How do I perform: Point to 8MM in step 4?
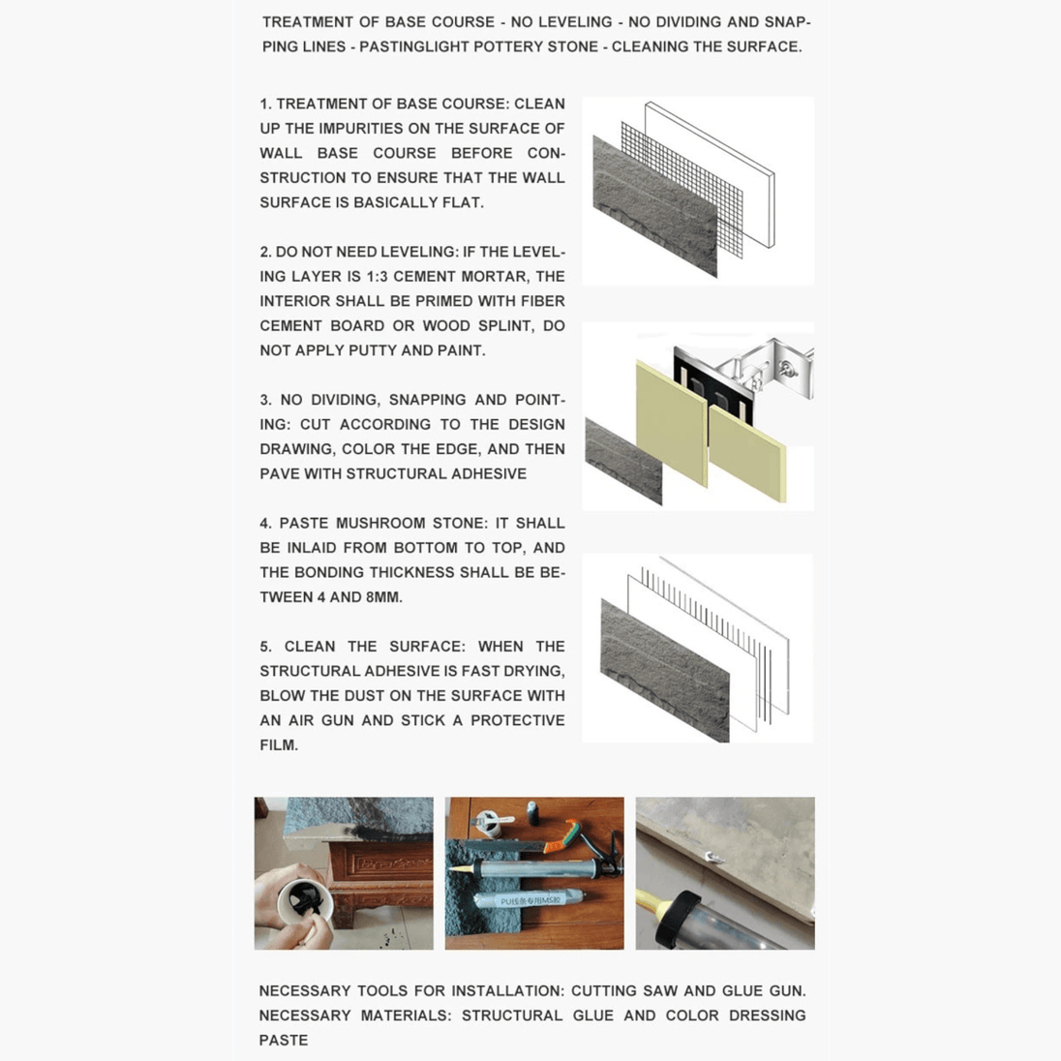coord(383,597)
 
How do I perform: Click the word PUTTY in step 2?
coord(344,350)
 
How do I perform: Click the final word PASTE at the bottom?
coord(283,1040)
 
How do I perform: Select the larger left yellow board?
coord(671,421)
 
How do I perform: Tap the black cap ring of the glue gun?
coord(679,918)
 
